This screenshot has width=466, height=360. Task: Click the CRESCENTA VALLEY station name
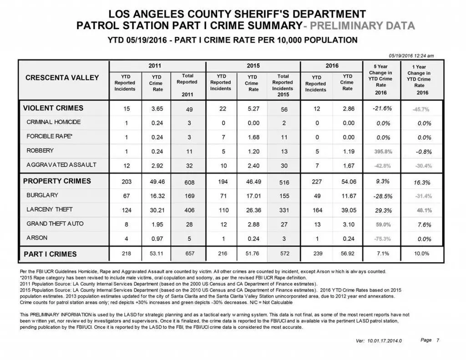click(x=62, y=78)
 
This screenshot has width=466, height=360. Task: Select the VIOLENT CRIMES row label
click(x=53, y=108)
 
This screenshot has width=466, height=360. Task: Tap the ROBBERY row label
click(x=40, y=151)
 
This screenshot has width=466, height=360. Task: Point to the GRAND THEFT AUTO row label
click(x=55, y=223)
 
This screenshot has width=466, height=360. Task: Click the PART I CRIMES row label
click(x=50, y=254)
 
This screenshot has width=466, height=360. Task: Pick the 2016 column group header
click(x=332, y=66)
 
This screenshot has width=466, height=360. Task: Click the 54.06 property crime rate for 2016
click(x=348, y=182)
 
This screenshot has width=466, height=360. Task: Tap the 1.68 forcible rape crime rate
click(x=253, y=137)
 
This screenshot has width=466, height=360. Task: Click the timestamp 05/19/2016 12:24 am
click(x=411, y=56)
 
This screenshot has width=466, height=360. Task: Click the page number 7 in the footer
click(x=438, y=340)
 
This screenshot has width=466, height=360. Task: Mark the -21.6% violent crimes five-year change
click(x=382, y=108)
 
